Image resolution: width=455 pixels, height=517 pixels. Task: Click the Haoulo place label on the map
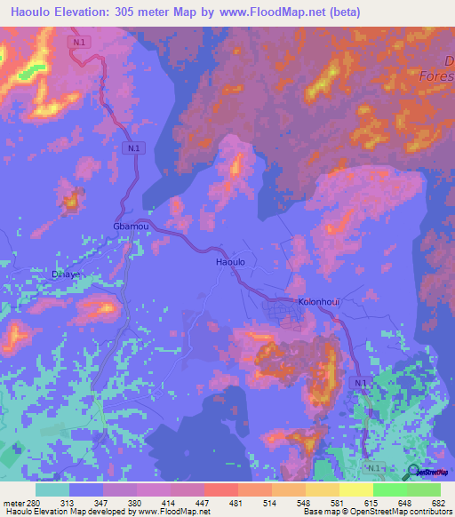click(230, 263)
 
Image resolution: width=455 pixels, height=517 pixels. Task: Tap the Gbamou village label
click(131, 227)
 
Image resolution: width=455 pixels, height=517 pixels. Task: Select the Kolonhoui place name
click(319, 301)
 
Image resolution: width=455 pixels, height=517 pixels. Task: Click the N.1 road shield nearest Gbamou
click(133, 149)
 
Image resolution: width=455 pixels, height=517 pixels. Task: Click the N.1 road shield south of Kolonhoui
click(358, 382)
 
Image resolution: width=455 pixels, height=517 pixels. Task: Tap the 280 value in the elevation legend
click(34, 504)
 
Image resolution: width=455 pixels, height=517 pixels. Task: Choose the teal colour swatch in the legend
click(52, 489)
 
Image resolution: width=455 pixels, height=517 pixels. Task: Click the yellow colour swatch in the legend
click(355, 489)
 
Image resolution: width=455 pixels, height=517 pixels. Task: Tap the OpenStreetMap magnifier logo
click(415, 473)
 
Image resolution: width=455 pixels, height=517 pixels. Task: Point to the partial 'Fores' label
click(436, 76)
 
